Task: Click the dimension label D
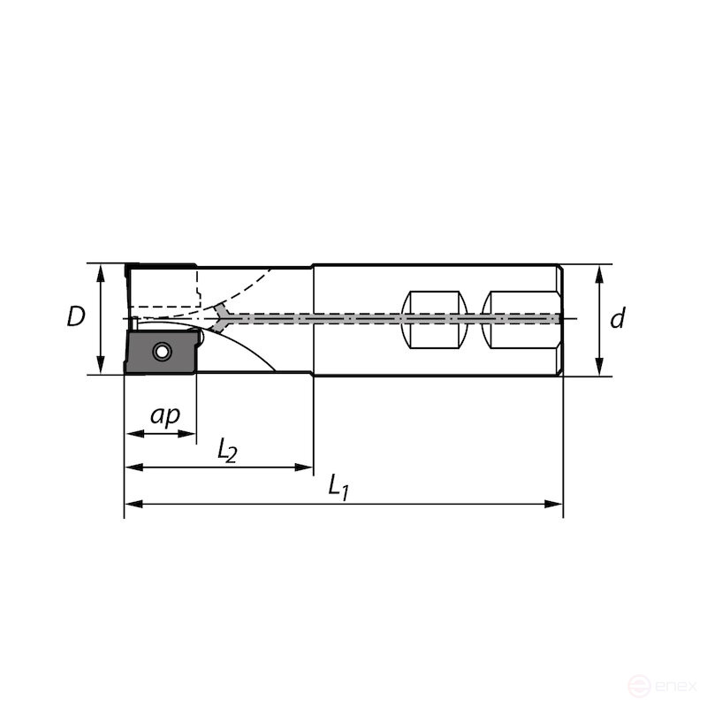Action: [77, 316]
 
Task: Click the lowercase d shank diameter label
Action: [618, 318]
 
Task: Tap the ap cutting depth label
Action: [164, 415]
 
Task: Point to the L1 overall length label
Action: [338, 486]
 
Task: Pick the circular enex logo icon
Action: [643, 685]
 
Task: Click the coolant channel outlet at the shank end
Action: [557, 318]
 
